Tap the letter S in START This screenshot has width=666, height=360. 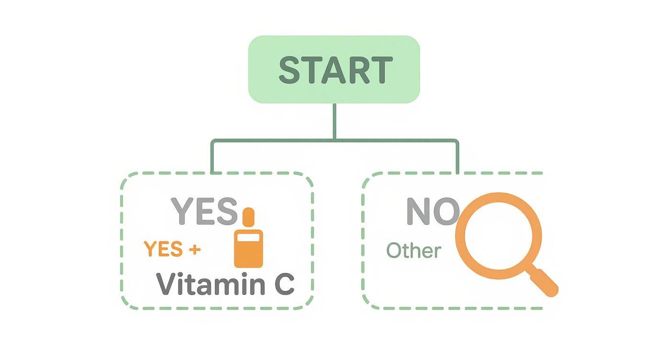pos(290,70)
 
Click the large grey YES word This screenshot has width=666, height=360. pos(204,211)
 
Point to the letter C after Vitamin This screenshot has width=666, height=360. pos(284,284)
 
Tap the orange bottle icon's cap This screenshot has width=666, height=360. pos(248,217)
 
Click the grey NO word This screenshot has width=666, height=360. pos(432,212)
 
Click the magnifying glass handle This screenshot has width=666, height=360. pos(544,282)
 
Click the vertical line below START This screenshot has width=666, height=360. pos(334,121)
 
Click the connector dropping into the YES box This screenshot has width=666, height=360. pos(211,158)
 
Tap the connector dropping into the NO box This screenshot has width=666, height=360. pos(457,158)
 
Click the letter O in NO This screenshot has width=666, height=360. pos(447,212)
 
